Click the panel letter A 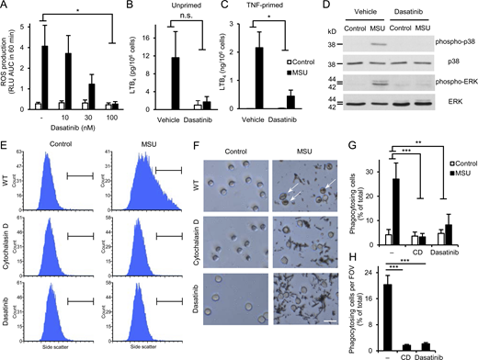pos(6,6)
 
